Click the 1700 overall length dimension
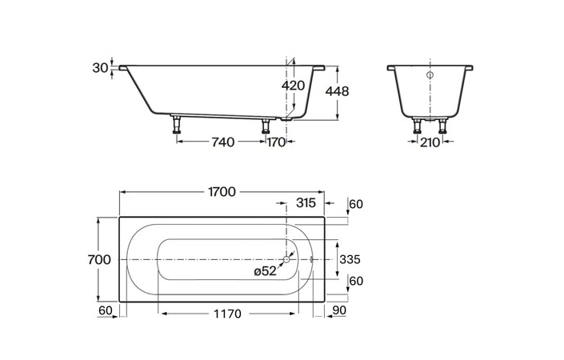(222, 192)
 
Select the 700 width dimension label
(99, 259)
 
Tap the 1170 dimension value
(227, 314)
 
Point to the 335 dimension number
(350, 259)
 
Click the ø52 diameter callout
(265, 271)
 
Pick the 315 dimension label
(306, 203)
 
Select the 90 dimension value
(339, 310)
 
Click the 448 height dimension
(337, 91)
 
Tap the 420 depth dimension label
(293, 86)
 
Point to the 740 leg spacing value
(223, 142)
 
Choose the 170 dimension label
(276, 142)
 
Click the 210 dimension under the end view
(430, 142)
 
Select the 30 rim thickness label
(100, 68)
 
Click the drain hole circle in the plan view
(286, 259)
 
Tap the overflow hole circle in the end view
(430, 75)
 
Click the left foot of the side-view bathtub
(176, 124)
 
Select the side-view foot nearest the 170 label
(266, 126)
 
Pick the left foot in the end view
(418, 126)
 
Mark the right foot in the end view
(442, 126)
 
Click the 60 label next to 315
(356, 204)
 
